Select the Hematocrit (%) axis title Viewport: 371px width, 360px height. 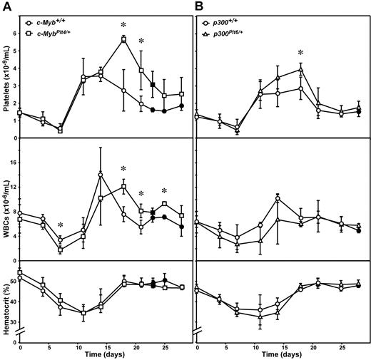7,298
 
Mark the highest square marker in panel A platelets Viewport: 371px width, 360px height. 123,40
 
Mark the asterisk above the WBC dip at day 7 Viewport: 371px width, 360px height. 60,226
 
